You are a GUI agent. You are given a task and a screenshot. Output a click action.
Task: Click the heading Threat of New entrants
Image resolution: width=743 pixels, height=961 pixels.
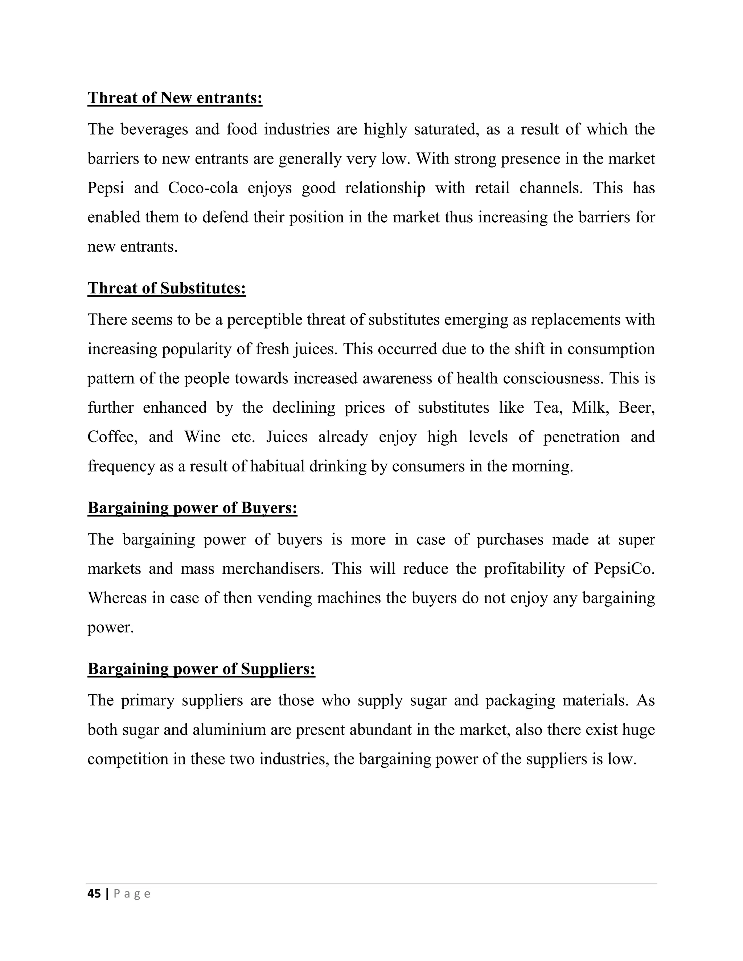[x=175, y=98]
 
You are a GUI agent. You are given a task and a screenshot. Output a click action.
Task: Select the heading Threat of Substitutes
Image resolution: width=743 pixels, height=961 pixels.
[x=167, y=288]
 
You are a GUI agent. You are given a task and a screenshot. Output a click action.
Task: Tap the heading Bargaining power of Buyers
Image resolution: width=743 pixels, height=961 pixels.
[x=192, y=508]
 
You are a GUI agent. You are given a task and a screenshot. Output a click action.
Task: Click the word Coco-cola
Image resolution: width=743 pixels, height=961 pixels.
[x=203, y=188]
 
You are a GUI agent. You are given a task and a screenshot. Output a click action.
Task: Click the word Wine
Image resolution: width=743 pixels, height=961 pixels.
[x=202, y=437]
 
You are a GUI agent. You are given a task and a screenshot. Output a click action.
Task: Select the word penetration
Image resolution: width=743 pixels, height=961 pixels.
[x=581, y=437]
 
